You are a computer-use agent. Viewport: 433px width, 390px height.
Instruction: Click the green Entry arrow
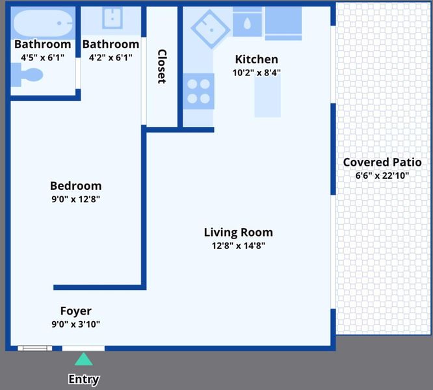click(84, 359)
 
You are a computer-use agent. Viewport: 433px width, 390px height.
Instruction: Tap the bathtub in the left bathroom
click(43, 23)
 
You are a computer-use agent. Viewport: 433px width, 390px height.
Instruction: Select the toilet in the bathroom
click(27, 75)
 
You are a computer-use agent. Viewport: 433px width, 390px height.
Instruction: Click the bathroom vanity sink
click(112, 18)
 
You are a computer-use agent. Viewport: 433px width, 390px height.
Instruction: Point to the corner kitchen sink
click(211, 29)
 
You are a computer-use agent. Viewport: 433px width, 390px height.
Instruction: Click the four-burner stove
click(198, 91)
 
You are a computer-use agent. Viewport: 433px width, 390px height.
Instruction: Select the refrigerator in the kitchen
click(283, 23)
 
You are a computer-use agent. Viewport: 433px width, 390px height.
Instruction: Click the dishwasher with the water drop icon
click(247, 22)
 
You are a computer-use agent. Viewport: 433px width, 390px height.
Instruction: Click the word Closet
click(162, 66)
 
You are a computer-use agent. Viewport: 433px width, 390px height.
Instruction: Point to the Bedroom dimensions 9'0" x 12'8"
click(75, 199)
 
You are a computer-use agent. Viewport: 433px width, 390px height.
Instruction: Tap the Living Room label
click(239, 233)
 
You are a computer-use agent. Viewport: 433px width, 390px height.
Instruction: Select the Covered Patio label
click(382, 162)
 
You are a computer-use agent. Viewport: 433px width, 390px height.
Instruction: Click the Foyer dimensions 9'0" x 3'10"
click(75, 324)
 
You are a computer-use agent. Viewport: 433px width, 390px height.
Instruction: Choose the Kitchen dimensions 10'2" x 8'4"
click(257, 73)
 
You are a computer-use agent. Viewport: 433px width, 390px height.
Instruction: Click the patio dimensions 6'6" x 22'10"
click(382, 175)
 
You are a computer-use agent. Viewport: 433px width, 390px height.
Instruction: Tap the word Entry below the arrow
click(84, 380)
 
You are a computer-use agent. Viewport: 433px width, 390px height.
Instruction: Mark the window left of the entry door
click(35, 348)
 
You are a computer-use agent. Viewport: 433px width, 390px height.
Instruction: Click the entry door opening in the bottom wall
click(83, 348)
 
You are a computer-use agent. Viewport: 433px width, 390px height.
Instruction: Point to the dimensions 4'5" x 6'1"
click(42, 58)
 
